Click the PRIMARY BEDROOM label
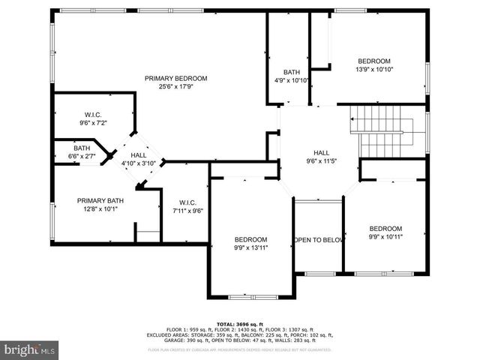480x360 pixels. [x=176, y=78]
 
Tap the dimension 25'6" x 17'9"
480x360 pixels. [x=176, y=86]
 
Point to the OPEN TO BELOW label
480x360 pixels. [x=318, y=240]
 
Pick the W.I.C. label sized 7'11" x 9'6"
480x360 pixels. [x=187, y=202]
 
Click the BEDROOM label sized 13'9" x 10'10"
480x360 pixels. [x=373, y=61]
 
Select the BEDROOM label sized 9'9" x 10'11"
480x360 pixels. [x=385, y=228]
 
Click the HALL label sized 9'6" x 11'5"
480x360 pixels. [x=321, y=152]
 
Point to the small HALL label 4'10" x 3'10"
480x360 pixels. [x=139, y=155]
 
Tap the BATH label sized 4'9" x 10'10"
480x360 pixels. [x=291, y=72]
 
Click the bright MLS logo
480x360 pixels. [x=30, y=349]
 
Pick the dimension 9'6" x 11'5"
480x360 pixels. [x=321, y=160]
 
